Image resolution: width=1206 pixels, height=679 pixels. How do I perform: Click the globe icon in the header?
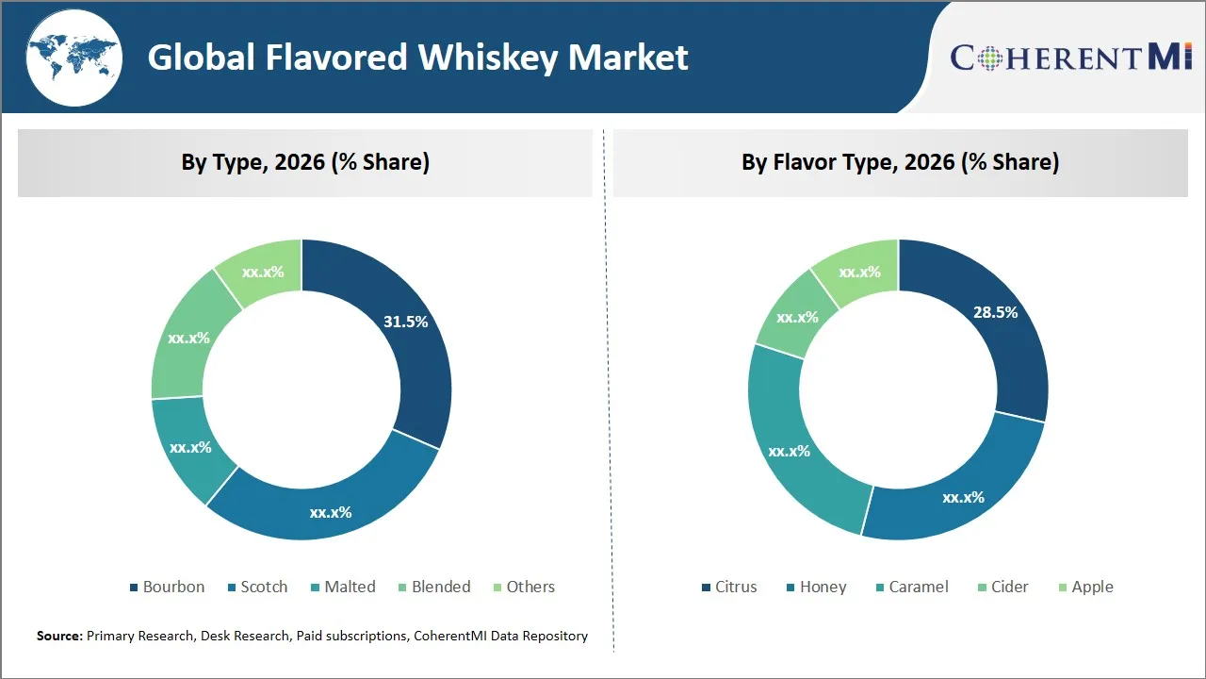click(73, 58)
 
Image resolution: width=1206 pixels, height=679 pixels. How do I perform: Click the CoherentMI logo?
click(1071, 58)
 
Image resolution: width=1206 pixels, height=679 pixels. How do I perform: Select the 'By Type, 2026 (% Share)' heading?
click(305, 162)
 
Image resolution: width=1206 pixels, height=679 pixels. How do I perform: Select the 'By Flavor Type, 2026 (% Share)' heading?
click(900, 162)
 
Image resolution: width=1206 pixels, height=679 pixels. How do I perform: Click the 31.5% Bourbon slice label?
click(406, 322)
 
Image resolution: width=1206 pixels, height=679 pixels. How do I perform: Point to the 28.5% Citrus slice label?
click(995, 312)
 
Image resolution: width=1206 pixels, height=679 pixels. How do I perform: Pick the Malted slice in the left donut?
click(190, 447)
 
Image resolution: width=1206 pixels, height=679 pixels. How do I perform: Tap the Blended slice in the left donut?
click(188, 338)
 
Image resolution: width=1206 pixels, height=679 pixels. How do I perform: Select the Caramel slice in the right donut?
click(790, 451)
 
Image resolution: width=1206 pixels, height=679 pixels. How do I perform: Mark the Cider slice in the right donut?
click(797, 317)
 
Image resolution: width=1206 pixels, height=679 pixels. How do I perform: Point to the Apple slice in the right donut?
click(859, 272)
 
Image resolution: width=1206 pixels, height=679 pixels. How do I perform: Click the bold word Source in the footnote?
click(59, 637)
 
